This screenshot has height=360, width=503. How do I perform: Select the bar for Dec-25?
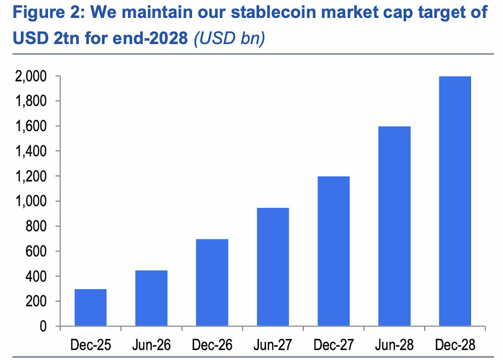click(x=91, y=307)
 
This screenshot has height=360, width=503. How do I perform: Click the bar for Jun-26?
click(x=151, y=298)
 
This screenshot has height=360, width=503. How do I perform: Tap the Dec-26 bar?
click(x=212, y=282)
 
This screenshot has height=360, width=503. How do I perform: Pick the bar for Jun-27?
click(x=273, y=267)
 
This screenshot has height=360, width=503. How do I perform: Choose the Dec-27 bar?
click(x=334, y=251)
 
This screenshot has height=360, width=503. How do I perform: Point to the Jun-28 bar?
click(x=394, y=226)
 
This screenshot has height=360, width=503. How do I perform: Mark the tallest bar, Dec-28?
click(x=455, y=201)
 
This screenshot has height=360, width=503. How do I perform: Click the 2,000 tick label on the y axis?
click(x=31, y=76)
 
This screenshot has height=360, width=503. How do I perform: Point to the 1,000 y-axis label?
click(x=31, y=201)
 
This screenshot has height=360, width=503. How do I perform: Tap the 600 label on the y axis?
click(x=36, y=251)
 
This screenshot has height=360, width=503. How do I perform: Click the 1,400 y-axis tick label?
click(x=31, y=151)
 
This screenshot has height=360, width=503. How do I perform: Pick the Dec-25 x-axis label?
click(x=91, y=345)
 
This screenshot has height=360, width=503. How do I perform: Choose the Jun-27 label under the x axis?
click(x=273, y=345)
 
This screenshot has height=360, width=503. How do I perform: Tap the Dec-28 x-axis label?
click(x=455, y=345)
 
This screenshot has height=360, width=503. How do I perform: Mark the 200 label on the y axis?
click(x=36, y=301)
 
